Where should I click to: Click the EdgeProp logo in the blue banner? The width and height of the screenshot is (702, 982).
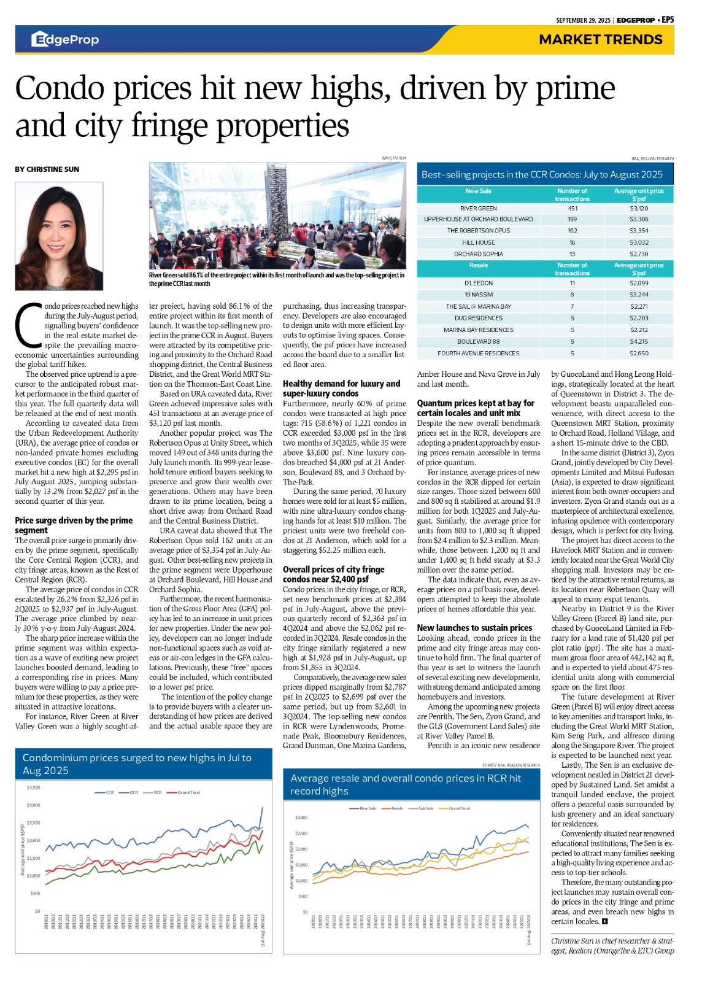(x=65, y=40)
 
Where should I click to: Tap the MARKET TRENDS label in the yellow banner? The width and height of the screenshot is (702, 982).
(x=600, y=40)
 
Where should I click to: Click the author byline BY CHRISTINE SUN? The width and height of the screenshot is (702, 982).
(x=47, y=169)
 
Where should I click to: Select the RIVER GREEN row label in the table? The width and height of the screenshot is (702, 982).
(x=478, y=209)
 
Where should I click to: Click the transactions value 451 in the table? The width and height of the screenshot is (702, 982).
(x=572, y=209)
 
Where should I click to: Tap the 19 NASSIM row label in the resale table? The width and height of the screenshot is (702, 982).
(x=478, y=295)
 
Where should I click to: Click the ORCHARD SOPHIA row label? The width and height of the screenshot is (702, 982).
(x=478, y=254)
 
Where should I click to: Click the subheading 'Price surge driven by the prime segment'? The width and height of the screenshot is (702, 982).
(x=74, y=525)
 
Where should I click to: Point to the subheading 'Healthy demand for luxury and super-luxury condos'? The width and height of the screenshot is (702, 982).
(x=341, y=389)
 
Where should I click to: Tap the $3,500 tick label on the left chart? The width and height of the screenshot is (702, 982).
(x=33, y=787)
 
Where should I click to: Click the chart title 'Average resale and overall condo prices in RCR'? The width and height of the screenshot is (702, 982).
(x=406, y=784)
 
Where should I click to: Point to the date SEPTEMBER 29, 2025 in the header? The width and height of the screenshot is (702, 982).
(x=583, y=20)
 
